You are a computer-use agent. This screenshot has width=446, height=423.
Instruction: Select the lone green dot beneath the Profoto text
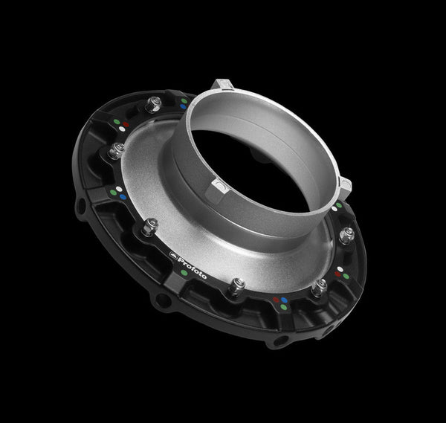pos(184,273)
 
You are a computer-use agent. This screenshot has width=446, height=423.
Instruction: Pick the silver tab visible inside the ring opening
pos(219,185)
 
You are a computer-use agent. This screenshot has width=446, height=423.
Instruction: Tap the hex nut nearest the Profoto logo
pos(149,227)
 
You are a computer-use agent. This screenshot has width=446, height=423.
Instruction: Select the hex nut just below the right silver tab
pos(346,235)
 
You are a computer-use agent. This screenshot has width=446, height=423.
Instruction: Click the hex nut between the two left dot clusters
pos(117,151)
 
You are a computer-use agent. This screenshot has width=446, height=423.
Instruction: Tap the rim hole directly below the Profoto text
pos(163,299)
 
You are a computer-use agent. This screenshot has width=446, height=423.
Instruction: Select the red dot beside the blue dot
pos(277,300)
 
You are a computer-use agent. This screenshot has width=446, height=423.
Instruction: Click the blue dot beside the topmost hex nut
pos(183,106)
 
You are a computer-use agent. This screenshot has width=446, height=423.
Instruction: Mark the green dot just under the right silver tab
pos(339,205)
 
